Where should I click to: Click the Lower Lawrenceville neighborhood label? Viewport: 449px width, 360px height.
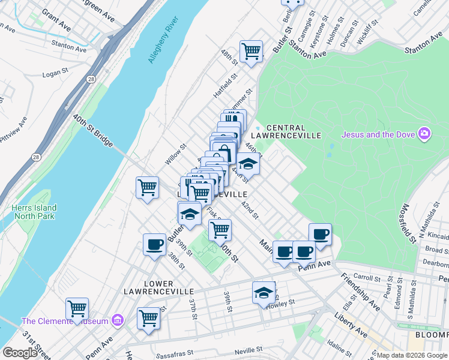158,288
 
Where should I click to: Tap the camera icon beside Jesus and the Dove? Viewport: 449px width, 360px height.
424,133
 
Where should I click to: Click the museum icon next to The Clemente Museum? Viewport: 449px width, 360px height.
118,321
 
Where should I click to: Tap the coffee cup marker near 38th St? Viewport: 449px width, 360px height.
154,244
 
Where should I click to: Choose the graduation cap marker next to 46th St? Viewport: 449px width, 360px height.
248,163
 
